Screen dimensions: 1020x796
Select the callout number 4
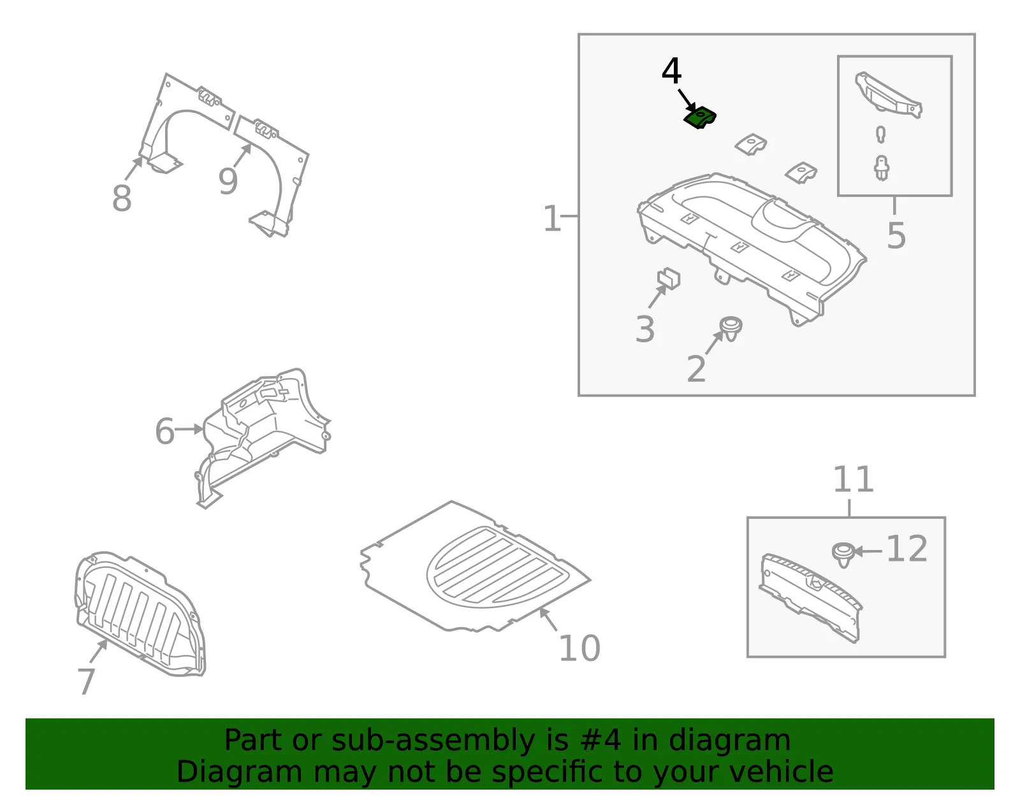pos(671,71)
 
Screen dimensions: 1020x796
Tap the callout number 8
pos(122,198)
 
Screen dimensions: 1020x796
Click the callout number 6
pos(164,431)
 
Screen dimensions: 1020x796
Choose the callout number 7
pos(86,681)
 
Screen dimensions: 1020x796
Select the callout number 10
pos(579,648)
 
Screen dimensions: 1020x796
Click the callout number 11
pos(854,479)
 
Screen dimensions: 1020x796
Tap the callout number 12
pos(907,549)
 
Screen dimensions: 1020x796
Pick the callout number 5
pos(896,235)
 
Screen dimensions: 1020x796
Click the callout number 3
pos(645,329)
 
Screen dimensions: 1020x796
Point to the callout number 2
pos(696,368)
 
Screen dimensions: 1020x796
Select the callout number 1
pos(551,218)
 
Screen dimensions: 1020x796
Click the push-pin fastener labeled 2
pos(731,329)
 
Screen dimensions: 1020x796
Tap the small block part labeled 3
pos(669,278)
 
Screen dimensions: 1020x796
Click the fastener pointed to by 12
pos(843,554)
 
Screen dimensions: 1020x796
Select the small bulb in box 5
pos(881,134)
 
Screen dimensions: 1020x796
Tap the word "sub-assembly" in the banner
pos(433,740)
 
